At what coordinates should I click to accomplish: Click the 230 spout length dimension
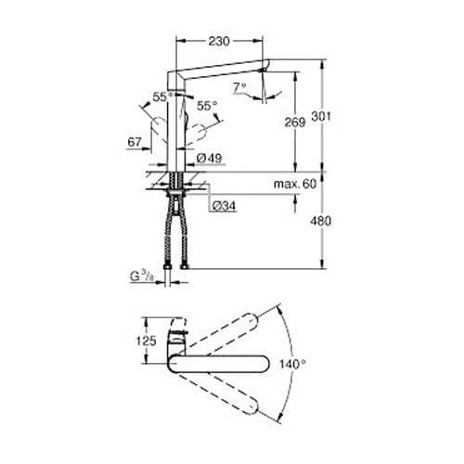pyautogui.click(x=219, y=41)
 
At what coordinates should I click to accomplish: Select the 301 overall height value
pyautogui.click(x=321, y=117)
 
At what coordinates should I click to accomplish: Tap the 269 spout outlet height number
pyautogui.click(x=295, y=122)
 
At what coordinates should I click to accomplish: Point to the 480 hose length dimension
pyautogui.click(x=321, y=221)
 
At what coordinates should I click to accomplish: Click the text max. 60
pyautogui.click(x=295, y=184)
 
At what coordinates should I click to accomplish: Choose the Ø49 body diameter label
pyautogui.click(x=210, y=159)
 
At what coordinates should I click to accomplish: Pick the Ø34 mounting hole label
pyautogui.click(x=224, y=206)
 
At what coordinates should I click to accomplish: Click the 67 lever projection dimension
pyautogui.click(x=135, y=142)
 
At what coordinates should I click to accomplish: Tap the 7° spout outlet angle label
pyautogui.click(x=239, y=87)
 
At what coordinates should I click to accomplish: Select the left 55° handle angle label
pyautogui.click(x=162, y=97)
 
